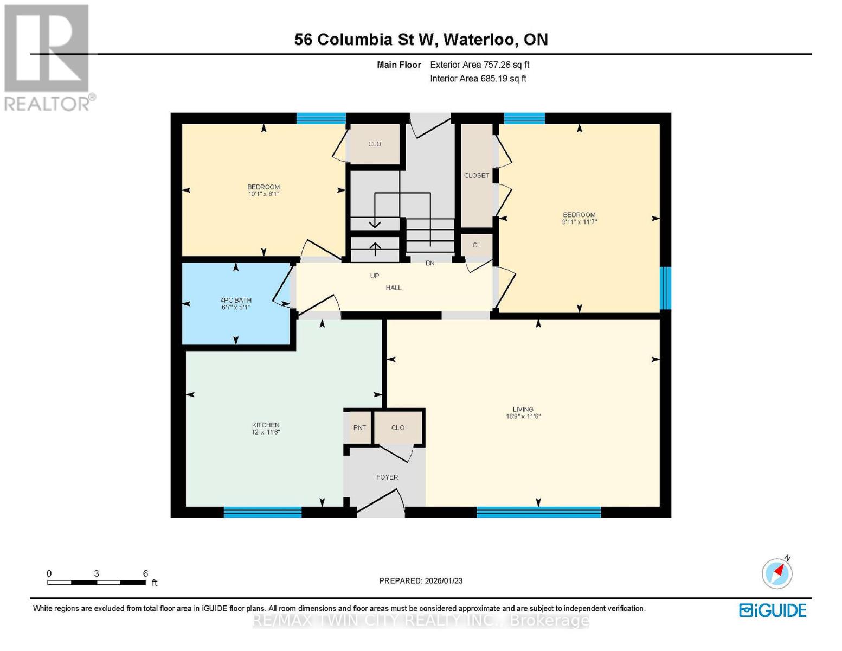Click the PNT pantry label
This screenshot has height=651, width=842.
point(359,427)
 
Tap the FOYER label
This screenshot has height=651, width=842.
point(387,477)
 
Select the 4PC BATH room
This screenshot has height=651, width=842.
point(236,303)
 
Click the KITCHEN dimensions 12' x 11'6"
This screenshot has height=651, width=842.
point(266,432)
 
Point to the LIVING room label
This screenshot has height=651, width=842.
point(523,410)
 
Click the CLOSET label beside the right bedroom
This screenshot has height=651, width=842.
point(477,175)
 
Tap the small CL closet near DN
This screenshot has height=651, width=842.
point(477,245)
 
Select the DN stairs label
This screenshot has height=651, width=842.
point(430,263)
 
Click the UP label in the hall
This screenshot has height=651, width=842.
point(375,276)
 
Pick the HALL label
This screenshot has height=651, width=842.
point(394,288)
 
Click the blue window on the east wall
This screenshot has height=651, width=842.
point(665,288)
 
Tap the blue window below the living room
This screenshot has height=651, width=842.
point(538,512)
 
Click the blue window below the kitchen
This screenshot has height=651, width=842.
point(262,512)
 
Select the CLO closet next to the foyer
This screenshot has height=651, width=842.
point(398,427)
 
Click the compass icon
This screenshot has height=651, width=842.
point(777,573)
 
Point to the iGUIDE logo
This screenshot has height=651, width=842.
point(773,610)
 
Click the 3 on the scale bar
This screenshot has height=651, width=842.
point(97,573)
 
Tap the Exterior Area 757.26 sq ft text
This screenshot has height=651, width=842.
point(479,65)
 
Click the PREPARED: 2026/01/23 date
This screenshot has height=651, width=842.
point(421,580)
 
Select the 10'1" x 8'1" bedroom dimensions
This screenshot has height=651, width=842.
point(263,194)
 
